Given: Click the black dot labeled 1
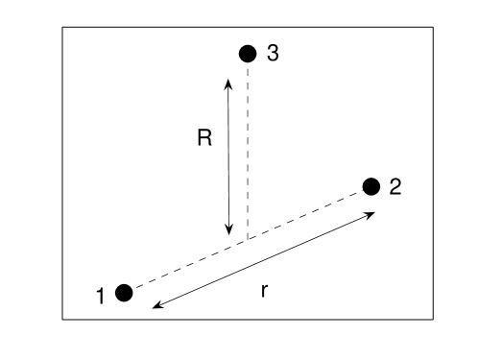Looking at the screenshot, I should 124,292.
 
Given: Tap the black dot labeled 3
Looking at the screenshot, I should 248,53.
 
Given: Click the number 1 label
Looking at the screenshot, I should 101,297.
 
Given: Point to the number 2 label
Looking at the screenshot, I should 394,187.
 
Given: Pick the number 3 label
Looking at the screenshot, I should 273,54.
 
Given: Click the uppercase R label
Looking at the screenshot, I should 204,139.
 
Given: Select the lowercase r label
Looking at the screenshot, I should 264,290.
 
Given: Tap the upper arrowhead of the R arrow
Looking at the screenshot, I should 228,82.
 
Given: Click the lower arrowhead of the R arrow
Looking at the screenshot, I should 228,231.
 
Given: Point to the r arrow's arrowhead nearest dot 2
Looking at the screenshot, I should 371,214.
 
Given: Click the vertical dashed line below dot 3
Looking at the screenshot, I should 248,144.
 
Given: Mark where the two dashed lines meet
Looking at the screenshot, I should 248,239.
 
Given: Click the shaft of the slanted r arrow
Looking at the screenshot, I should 264,260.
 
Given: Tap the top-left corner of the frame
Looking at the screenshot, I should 62,26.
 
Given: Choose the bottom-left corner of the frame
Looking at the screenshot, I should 62,318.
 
